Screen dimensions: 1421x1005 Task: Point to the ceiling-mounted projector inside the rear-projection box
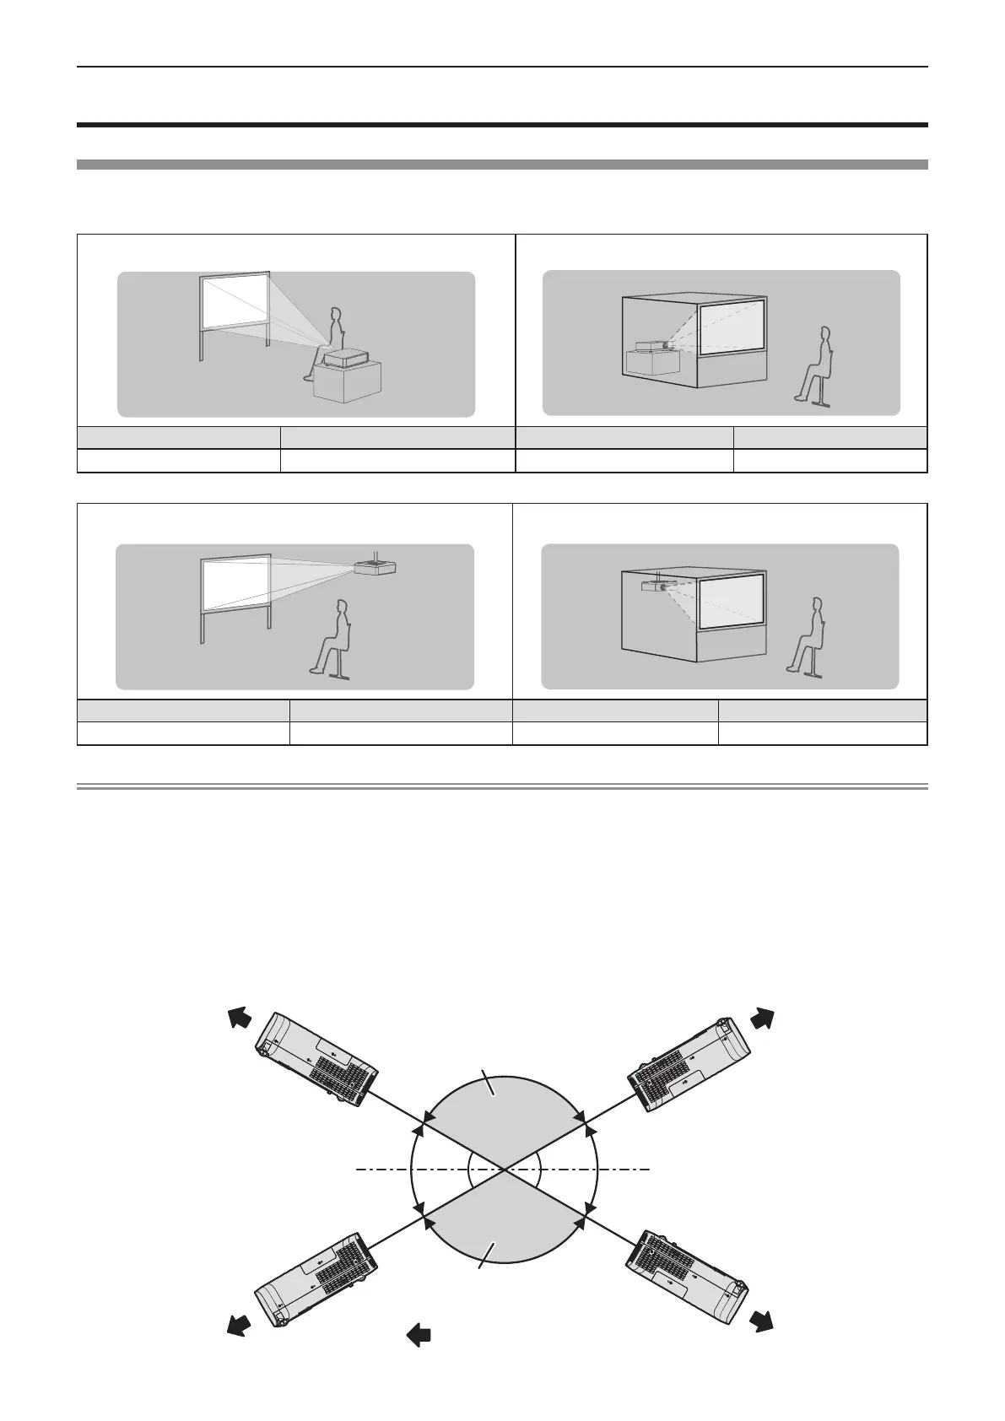tap(656, 585)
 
